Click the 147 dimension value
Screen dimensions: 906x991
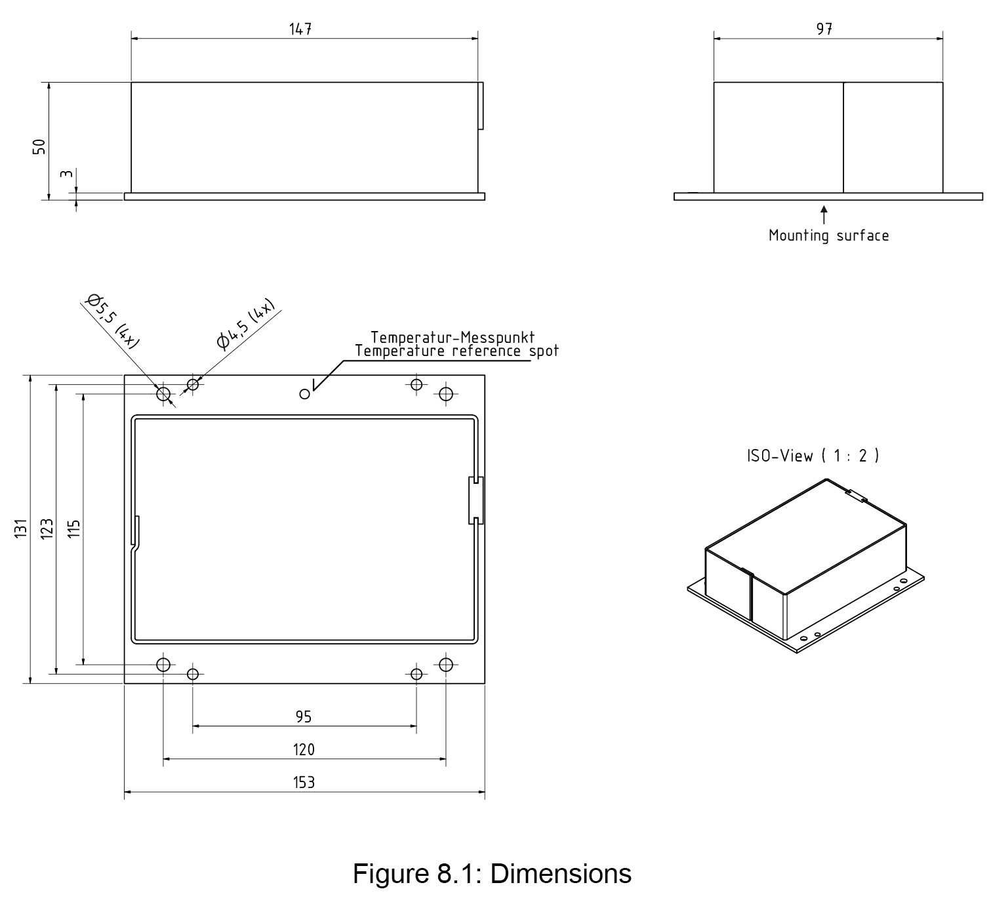click(300, 30)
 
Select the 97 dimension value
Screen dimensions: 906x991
click(824, 30)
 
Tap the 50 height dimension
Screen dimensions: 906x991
click(40, 147)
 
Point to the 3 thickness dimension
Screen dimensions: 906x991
click(66, 175)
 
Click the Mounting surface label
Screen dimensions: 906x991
click(828, 236)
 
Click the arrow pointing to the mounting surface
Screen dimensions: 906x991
click(824, 215)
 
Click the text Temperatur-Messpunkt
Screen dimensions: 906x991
click(453, 338)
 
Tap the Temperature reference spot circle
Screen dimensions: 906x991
click(304, 394)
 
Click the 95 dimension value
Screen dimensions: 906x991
click(303, 717)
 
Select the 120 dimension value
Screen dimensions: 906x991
click(304, 749)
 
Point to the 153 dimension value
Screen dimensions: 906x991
click(304, 782)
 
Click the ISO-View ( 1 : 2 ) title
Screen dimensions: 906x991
click(813, 456)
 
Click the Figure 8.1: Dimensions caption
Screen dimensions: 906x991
click(492, 874)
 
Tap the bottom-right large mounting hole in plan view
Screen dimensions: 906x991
click(446, 664)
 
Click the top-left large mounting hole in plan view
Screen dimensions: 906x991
click(163, 394)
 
